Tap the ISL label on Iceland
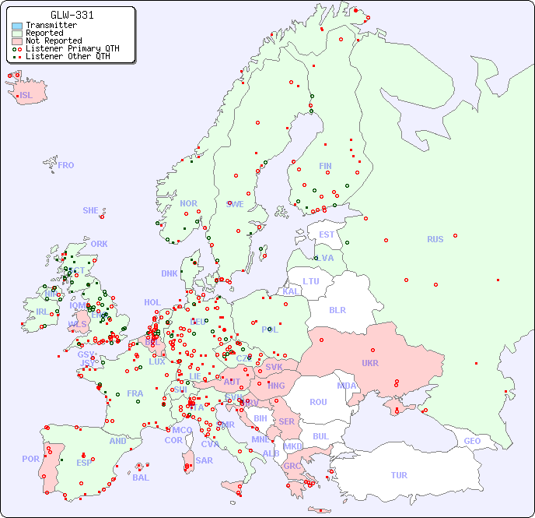click(x=26, y=96)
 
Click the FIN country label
click(x=325, y=166)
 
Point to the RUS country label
click(x=435, y=239)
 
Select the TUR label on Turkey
click(x=399, y=475)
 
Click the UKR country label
click(x=370, y=364)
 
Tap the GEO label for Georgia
click(x=472, y=441)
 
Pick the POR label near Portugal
click(x=30, y=459)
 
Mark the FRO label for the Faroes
click(x=66, y=165)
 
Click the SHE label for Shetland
click(x=91, y=210)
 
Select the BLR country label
click(x=337, y=310)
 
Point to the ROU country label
click(x=318, y=402)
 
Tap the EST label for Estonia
click(x=327, y=234)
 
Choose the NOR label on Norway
click(x=188, y=203)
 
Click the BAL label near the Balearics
click(x=140, y=477)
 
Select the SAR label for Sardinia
click(x=204, y=460)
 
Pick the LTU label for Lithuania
click(x=311, y=281)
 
